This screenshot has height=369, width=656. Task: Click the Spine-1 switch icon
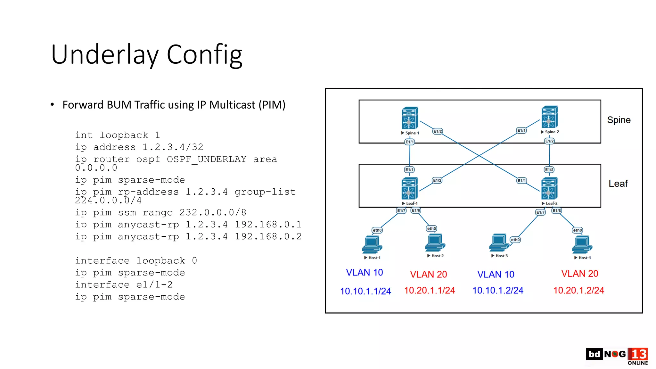pos(410,118)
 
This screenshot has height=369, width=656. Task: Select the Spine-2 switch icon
pos(549,117)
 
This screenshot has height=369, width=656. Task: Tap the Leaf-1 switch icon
pos(409,188)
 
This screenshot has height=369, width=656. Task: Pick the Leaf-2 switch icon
pos(549,188)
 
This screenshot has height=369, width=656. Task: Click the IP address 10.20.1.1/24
pos(429,290)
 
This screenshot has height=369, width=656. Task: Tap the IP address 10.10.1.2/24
pos(497,290)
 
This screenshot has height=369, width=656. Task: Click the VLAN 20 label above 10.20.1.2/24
pos(579,273)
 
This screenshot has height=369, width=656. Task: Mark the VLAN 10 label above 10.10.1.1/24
pos(364,272)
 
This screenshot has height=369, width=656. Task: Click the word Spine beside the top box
pos(619,120)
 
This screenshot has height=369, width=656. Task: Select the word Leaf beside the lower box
pos(618,184)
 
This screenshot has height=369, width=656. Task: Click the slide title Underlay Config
pos(147,55)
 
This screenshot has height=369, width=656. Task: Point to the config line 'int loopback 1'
pos(117,135)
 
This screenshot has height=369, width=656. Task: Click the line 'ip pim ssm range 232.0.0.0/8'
pos(160,212)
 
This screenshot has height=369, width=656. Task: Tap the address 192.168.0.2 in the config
pos(268,236)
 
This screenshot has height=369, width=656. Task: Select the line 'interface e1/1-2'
pos(124,284)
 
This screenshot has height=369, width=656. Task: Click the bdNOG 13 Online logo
pos(617,356)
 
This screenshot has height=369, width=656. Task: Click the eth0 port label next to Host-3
pos(515,240)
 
